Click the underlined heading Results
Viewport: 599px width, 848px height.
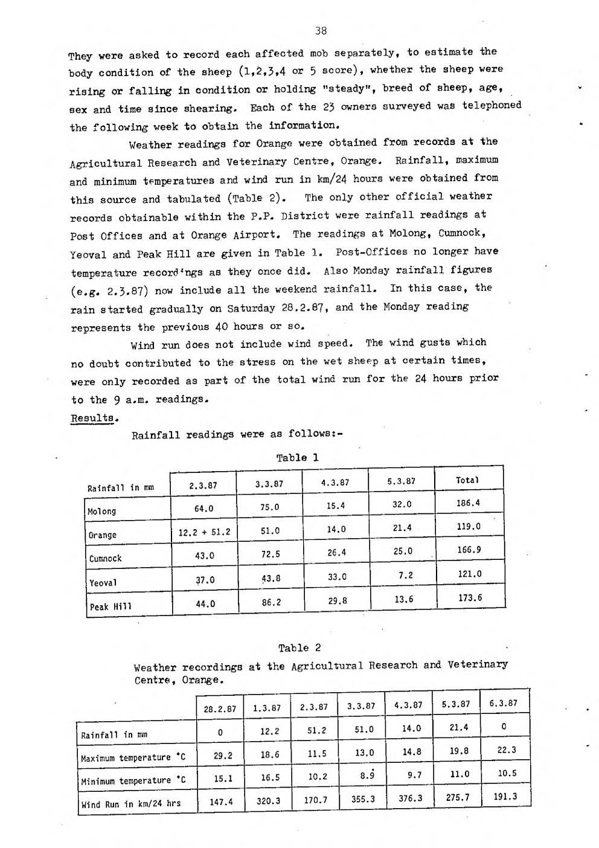[92, 418]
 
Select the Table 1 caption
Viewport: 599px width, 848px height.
[297, 457]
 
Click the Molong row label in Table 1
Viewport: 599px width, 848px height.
[101, 511]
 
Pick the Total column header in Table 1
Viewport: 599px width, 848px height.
[467, 481]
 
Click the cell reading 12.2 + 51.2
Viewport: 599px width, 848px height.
[204, 532]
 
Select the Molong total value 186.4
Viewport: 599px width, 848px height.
[469, 503]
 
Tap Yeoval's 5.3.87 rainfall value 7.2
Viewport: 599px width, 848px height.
[405, 575]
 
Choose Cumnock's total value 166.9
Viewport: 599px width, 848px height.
[469, 550]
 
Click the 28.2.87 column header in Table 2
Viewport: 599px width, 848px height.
[220, 708]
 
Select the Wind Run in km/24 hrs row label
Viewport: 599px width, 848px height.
[131, 803]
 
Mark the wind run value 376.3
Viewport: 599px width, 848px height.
[411, 798]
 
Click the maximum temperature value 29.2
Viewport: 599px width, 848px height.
[223, 755]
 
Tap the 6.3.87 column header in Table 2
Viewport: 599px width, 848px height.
[503, 703]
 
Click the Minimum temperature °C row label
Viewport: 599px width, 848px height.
[133, 780]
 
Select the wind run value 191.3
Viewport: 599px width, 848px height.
[505, 796]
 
